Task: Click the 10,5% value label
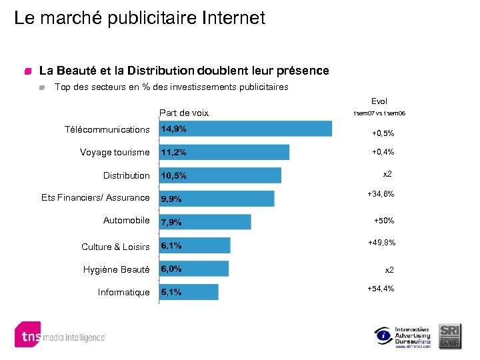click(173, 176)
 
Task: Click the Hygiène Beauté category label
click(116, 269)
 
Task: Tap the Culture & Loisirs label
click(115, 247)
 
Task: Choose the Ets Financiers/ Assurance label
click(95, 197)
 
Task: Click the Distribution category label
click(126, 175)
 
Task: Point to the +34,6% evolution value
click(381, 194)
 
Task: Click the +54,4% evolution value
click(381, 289)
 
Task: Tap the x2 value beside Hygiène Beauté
click(389, 270)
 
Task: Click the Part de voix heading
click(184, 113)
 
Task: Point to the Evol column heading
click(379, 101)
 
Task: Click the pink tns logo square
click(28, 335)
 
